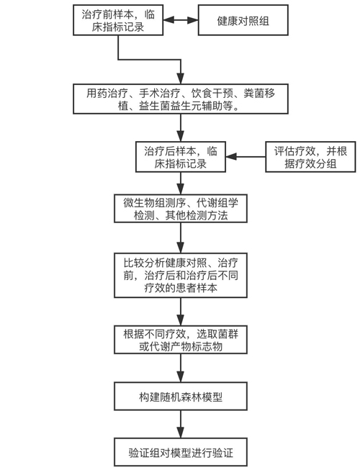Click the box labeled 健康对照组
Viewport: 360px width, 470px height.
(x=243, y=20)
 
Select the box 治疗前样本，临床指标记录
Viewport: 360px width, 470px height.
(x=118, y=20)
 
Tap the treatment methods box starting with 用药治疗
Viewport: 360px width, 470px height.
(x=181, y=99)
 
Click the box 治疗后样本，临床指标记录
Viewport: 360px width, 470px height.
(x=181, y=157)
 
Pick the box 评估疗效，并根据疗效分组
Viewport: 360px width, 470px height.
(x=310, y=157)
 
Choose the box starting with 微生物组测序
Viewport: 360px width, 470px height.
(x=181, y=209)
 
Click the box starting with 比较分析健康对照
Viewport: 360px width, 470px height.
(x=181, y=275)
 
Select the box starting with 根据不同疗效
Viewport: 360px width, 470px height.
(x=181, y=340)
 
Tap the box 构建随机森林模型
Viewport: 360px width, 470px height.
(x=181, y=397)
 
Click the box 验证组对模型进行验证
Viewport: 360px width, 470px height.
(x=181, y=452)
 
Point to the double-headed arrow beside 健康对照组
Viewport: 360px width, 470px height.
(x=181, y=20)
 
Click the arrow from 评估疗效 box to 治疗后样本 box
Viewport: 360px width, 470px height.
(x=246, y=156)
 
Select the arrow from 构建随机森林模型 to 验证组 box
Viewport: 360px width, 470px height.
(x=181, y=424)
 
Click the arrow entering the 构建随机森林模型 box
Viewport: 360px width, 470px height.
(x=181, y=368)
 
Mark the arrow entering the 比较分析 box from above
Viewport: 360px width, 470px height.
(x=181, y=238)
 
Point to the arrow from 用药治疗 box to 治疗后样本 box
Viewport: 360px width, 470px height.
(x=181, y=127)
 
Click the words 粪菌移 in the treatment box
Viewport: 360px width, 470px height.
(x=259, y=94)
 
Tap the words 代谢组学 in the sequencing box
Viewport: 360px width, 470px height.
(x=217, y=203)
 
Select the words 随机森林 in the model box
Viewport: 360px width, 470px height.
(x=181, y=397)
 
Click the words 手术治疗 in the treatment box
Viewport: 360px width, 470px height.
(x=159, y=94)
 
